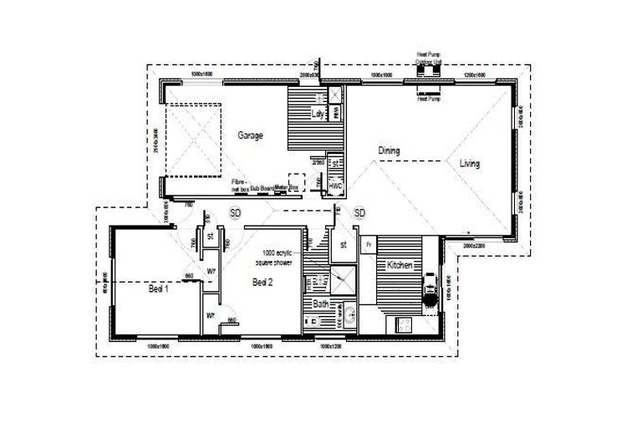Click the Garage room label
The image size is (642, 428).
point(252,135)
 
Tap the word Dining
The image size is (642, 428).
point(389,150)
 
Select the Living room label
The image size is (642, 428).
point(470,164)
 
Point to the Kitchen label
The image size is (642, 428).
point(400,265)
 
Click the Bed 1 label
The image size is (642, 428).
point(159,289)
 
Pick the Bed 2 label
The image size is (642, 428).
point(263,283)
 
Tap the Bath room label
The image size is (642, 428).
point(322,304)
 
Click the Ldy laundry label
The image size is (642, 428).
point(318,114)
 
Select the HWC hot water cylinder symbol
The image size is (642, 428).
point(335,186)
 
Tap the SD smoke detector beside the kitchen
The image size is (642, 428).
point(359,213)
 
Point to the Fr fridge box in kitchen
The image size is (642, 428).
point(368,244)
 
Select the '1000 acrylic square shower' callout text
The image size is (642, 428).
point(277,257)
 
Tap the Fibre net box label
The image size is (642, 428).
point(240,186)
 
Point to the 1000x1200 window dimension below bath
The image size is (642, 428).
point(328,345)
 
